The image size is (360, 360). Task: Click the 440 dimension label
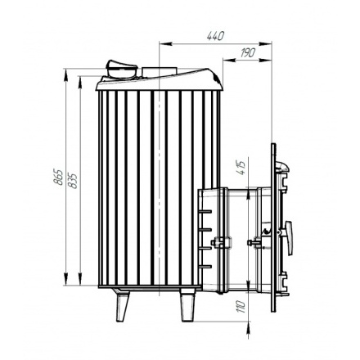[x=215, y=36]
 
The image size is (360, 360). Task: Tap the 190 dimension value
[x=248, y=52]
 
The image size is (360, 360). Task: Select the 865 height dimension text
[x=58, y=177]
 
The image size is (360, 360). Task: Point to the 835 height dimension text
[x=73, y=181]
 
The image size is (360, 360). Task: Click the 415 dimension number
[x=241, y=169]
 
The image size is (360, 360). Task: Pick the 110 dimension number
[x=241, y=307]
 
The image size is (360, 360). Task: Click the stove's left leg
[x=122, y=305]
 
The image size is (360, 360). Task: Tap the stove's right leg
[x=188, y=305]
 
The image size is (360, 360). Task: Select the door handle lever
[x=288, y=237]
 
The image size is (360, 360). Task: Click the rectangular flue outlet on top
[x=159, y=72]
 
